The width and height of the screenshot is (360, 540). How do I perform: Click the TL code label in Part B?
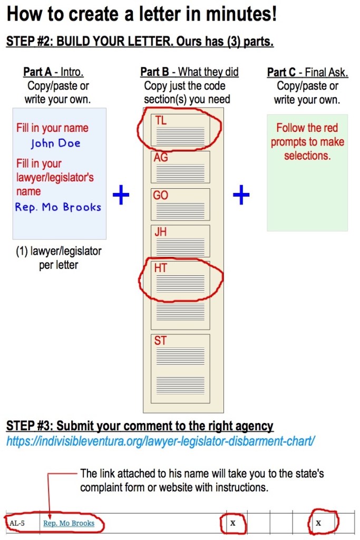point(161,120)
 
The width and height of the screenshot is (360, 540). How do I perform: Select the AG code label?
point(161,158)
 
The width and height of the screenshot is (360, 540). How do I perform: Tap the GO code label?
point(161,195)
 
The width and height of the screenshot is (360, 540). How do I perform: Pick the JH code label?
point(161,232)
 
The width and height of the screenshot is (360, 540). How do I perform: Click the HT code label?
point(161,268)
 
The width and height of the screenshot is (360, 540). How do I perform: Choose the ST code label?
point(161,341)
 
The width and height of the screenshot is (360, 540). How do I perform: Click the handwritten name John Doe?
point(55,143)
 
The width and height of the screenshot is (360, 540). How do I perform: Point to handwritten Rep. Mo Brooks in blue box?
point(58,207)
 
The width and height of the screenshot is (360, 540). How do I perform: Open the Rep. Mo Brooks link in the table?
point(69,524)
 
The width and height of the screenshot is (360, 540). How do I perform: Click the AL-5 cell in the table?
point(17,524)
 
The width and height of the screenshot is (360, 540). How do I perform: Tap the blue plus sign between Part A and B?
point(121,196)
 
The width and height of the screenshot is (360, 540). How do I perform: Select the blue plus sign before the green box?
point(241,196)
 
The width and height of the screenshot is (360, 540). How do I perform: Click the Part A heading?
point(53,72)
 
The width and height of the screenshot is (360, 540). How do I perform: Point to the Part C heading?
point(307,73)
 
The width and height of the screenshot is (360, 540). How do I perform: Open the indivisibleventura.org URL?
point(160,440)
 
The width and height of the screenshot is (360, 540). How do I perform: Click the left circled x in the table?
point(232,523)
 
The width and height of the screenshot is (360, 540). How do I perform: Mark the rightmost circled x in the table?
point(318,523)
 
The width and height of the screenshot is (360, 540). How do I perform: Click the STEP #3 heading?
point(140,426)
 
